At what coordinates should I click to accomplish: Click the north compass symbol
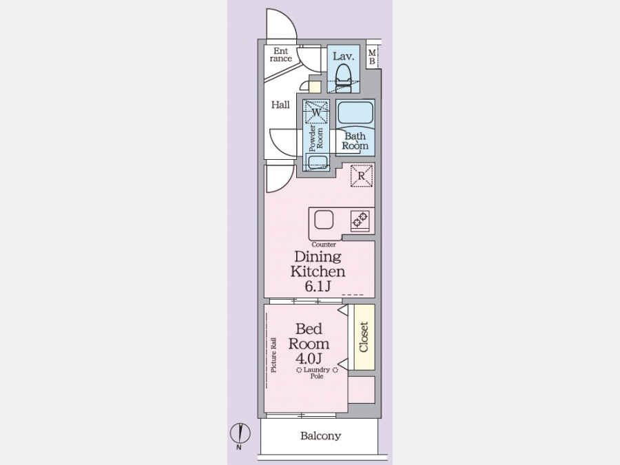click(x=240, y=435)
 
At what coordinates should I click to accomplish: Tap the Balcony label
click(x=320, y=436)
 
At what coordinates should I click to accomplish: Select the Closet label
click(x=364, y=337)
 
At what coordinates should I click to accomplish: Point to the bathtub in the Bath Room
click(x=355, y=112)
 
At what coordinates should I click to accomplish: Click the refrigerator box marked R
click(x=362, y=176)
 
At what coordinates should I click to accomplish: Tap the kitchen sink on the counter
click(x=324, y=220)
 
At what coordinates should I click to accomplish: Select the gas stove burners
click(x=360, y=220)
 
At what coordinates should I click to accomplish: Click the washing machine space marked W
click(x=316, y=112)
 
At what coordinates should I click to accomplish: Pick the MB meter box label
click(x=372, y=57)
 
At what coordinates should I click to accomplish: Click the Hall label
click(x=280, y=105)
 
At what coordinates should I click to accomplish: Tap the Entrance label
click(x=281, y=54)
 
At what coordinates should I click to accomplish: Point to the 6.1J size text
click(x=318, y=287)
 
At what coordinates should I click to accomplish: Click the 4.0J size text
click(x=309, y=358)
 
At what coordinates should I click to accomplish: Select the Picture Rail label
click(x=273, y=355)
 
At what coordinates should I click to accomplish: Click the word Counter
click(x=324, y=245)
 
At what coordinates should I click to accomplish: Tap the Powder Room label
click(x=316, y=138)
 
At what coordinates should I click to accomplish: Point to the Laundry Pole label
click(x=317, y=373)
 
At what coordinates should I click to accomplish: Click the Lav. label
click(x=343, y=56)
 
